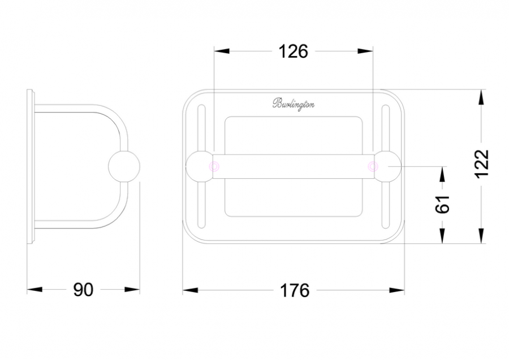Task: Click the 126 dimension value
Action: click(293, 52)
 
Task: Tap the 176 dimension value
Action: click(295, 290)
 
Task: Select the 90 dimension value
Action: click(83, 289)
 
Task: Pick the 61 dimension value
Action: click(442, 204)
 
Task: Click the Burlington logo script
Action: click(293, 104)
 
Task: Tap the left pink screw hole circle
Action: click(214, 166)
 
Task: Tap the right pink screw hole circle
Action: click(373, 166)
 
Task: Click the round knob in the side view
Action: click(124, 166)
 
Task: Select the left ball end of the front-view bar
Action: click(199, 166)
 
